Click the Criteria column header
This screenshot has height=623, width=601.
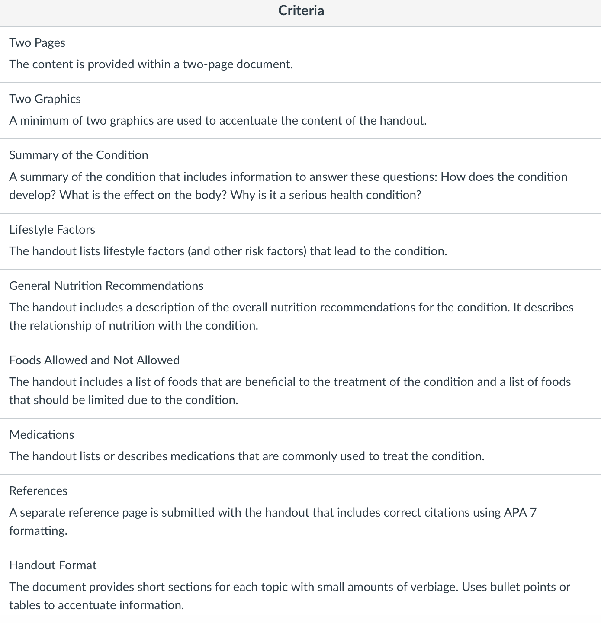[301, 10]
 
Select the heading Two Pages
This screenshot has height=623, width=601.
[37, 43]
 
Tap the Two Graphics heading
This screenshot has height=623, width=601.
[45, 99]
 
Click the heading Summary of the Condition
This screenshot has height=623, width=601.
[79, 155]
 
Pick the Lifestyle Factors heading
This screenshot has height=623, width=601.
[52, 230]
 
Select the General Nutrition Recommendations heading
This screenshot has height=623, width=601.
[106, 286]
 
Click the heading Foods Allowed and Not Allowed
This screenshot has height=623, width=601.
[94, 360]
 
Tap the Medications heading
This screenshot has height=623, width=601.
[42, 435]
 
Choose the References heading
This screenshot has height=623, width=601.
[38, 491]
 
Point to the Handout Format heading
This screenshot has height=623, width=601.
[53, 565]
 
